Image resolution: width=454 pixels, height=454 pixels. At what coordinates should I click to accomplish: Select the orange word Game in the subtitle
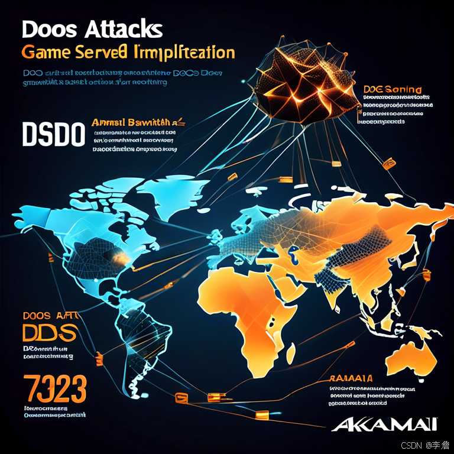46,53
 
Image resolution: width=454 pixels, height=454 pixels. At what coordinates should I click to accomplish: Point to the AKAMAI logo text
384,423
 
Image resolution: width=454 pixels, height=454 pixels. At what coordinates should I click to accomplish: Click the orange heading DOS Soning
393,90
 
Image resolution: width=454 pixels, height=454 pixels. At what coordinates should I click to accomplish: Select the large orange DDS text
50,332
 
